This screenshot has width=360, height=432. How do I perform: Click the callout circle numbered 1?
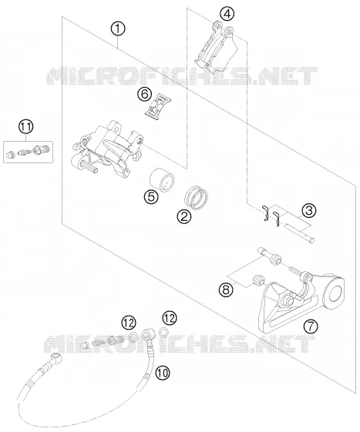[x=118, y=29]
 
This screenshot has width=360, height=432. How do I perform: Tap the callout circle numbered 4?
[x=227, y=14]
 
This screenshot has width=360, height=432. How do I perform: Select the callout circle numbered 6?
[x=145, y=94]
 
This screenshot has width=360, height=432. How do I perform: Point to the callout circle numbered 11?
[x=26, y=127]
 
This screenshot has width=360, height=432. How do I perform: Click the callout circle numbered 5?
[x=151, y=196]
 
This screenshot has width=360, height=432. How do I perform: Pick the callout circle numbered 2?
[x=184, y=216]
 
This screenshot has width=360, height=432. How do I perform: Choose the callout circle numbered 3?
[x=308, y=210]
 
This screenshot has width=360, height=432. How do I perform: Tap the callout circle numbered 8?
[x=226, y=290]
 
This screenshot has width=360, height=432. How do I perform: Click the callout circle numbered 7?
[x=311, y=327]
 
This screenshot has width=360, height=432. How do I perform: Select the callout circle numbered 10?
[x=163, y=373]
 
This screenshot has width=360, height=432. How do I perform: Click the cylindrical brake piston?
[x=162, y=180]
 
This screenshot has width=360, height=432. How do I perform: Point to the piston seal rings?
[x=197, y=197]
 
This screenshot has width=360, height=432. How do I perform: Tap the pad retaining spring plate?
[x=158, y=107]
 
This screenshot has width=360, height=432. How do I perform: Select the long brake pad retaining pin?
[x=300, y=233]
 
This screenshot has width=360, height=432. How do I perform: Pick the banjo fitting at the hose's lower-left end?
[x=56, y=357]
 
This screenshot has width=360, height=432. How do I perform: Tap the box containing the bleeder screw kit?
[x=29, y=152]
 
